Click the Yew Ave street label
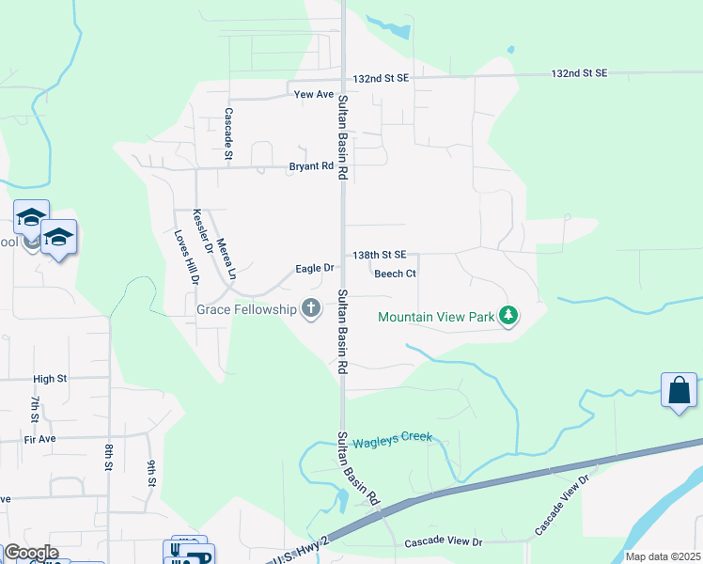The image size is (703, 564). click(314, 95)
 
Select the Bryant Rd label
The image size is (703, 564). click(311, 167)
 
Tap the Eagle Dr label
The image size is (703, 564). click(315, 268)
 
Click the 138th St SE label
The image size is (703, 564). click(380, 255)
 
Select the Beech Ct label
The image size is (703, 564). click(395, 274)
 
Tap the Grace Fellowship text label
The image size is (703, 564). click(246, 308)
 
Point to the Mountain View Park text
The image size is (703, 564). click(436, 317)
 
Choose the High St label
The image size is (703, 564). click(51, 379)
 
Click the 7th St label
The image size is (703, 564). click(34, 409)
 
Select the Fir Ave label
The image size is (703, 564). click(41, 439)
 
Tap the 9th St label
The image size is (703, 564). click(151, 473)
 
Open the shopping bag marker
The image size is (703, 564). click(679, 389)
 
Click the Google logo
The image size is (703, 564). click(30, 553)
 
